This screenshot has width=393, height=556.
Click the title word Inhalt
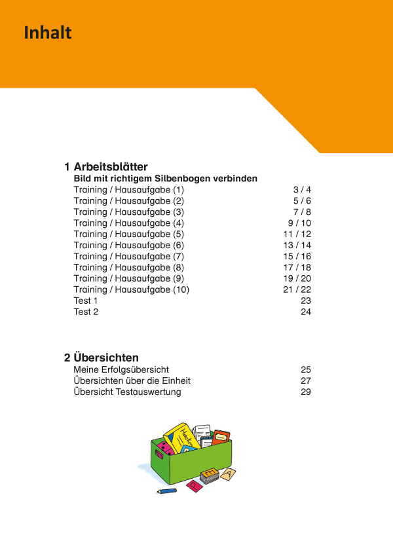point(48,33)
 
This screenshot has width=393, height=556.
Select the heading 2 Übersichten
point(101,358)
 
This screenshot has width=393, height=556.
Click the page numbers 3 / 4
point(302,189)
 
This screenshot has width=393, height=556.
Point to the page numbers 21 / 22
point(297,289)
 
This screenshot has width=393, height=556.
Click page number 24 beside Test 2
point(306,312)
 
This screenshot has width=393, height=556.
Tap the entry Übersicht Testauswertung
point(127,392)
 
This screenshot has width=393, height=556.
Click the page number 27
point(306,380)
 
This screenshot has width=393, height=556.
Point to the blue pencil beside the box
point(167,490)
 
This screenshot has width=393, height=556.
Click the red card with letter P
point(194,485)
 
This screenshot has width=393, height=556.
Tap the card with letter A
point(228,473)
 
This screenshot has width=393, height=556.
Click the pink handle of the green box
point(160,453)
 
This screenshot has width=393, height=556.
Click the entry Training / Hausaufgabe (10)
point(131,289)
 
